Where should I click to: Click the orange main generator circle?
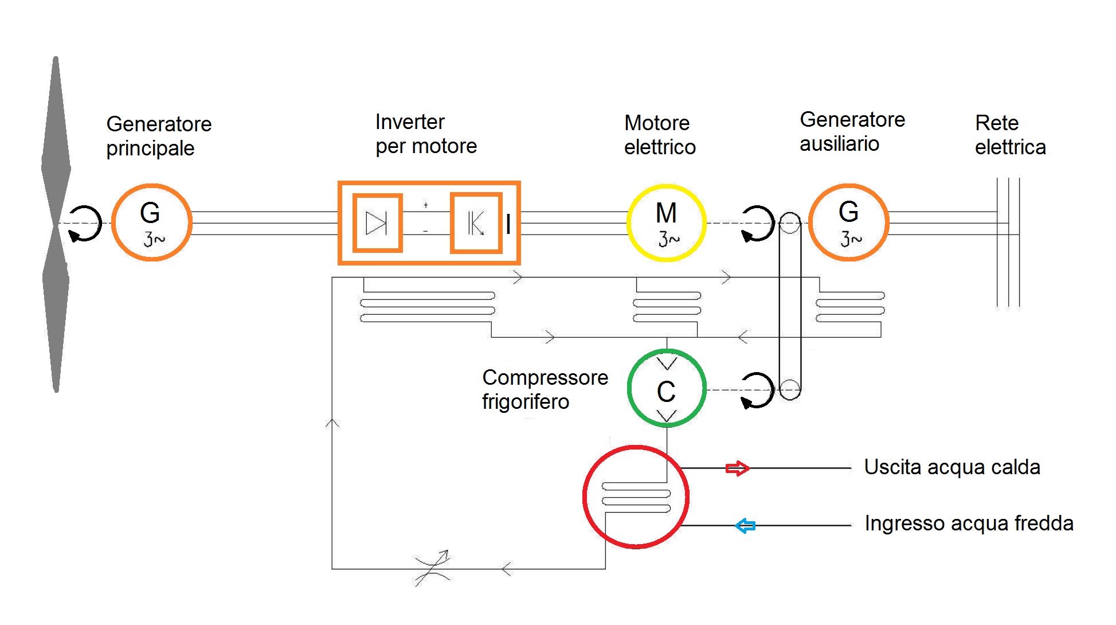coord(151,222)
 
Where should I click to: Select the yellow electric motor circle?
coord(667,223)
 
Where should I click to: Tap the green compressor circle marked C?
coord(667,389)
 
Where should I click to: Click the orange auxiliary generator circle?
coord(849,222)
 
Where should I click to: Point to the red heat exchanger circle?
coord(636,497)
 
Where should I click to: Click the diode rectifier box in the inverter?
coord(377,223)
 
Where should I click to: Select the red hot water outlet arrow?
coord(737,468)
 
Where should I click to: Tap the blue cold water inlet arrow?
coord(745,525)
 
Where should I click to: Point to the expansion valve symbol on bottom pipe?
coord(433,568)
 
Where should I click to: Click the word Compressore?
coord(545,377)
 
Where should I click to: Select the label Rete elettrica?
coord(1010,135)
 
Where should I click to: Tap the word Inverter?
coord(410,122)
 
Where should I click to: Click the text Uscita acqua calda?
coord(952,467)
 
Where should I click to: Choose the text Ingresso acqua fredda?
coord(969,523)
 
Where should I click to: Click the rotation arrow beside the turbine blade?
coord(85,224)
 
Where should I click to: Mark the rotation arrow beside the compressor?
coord(757,390)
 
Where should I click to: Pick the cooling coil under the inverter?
coord(428,307)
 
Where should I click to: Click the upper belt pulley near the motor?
coord(790,223)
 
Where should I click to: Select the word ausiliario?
coord(839,143)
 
